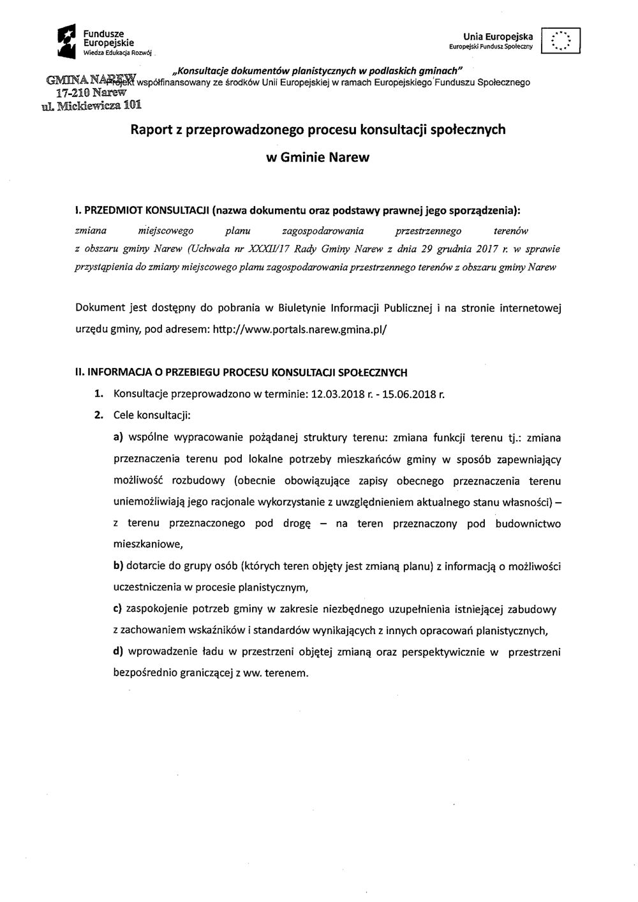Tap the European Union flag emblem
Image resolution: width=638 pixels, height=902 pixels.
(560, 41)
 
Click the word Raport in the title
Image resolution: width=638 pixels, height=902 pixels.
(154, 129)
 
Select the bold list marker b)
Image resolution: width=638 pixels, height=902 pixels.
(118, 566)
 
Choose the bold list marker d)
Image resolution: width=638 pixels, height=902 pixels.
(118, 651)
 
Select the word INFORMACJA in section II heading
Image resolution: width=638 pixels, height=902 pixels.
(119, 372)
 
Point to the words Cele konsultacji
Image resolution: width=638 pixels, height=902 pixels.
(152, 415)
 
